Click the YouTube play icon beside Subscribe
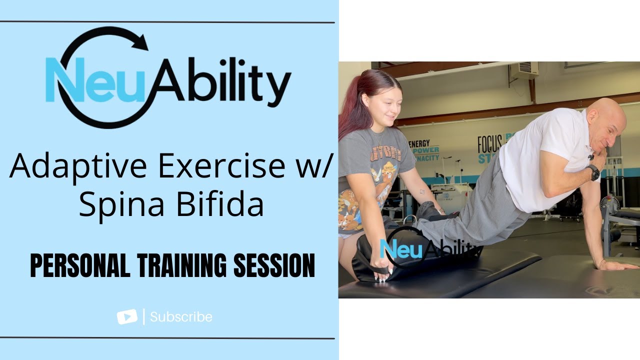127,317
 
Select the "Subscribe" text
181,317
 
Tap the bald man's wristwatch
593,172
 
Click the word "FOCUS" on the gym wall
489,144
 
